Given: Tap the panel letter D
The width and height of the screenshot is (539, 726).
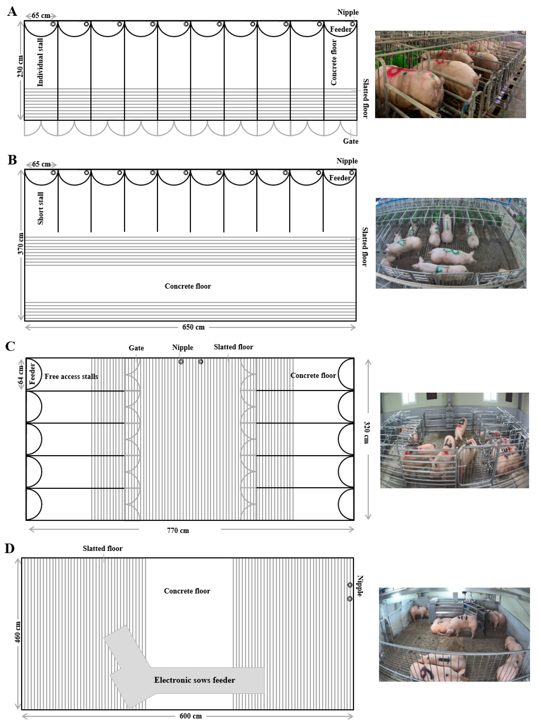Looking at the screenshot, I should tap(10, 549).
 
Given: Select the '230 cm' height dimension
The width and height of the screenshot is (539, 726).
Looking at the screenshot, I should tap(20, 66).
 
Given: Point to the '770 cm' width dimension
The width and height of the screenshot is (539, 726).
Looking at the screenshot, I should tap(178, 531).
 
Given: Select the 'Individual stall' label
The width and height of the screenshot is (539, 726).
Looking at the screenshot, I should tap(40, 62).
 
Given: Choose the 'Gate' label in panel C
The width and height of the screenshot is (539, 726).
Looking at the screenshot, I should tap(136, 348).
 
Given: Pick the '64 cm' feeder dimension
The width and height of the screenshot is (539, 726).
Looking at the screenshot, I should tap(21, 374).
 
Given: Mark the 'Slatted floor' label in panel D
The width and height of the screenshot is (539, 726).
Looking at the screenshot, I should tap(102, 549).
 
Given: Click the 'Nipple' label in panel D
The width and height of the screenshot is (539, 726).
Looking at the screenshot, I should tap(360, 586).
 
